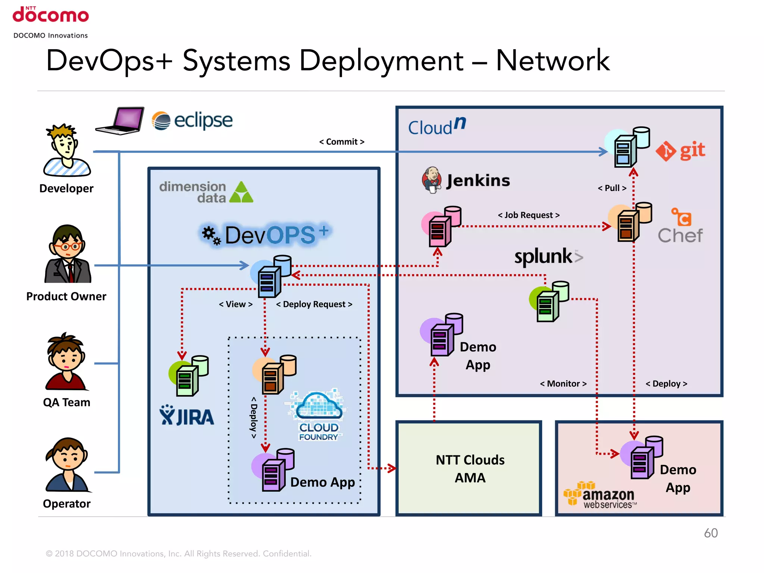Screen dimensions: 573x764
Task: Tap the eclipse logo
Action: (x=192, y=120)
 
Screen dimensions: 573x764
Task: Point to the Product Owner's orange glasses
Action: (x=67, y=246)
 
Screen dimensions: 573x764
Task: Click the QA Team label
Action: (x=66, y=402)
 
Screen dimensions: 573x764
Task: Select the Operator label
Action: (x=66, y=504)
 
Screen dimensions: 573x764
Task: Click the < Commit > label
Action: (x=341, y=142)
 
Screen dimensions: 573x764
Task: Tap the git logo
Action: (x=680, y=151)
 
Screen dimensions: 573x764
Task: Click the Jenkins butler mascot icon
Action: (x=432, y=179)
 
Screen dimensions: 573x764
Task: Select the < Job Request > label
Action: (x=529, y=215)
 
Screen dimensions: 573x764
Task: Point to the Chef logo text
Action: (x=680, y=235)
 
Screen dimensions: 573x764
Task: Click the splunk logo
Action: (x=548, y=257)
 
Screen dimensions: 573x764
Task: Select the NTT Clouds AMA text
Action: (x=470, y=469)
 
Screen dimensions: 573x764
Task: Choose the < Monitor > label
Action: (x=563, y=383)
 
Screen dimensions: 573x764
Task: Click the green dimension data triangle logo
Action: (x=241, y=192)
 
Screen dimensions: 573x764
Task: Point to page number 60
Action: (x=710, y=533)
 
